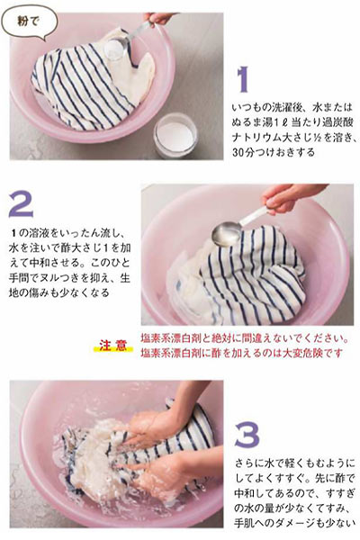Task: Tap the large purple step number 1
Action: (x=241, y=77)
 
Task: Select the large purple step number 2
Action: (x=21, y=205)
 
